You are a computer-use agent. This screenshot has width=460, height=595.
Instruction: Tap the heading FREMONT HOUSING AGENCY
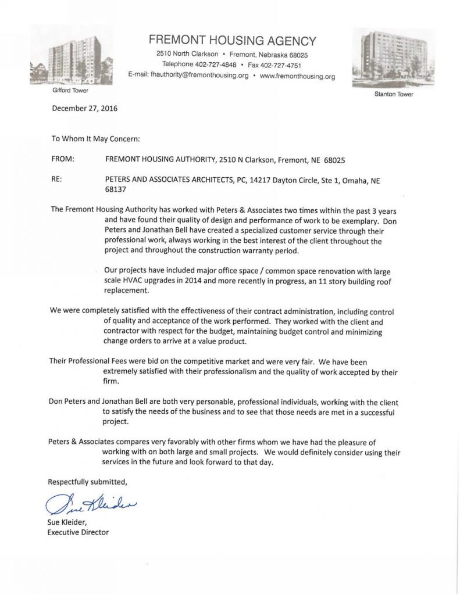(x=232, y=41)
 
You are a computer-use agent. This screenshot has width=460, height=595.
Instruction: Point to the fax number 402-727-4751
(x=281, y=64)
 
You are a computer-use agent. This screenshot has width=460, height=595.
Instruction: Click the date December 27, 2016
(x=85, y=108)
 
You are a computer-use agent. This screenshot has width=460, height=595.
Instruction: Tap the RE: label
(x=58, y=180)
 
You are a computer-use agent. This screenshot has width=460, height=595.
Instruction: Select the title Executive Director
(x=79, y=532)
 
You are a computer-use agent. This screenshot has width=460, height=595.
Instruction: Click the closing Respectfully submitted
(x=87, y=482)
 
